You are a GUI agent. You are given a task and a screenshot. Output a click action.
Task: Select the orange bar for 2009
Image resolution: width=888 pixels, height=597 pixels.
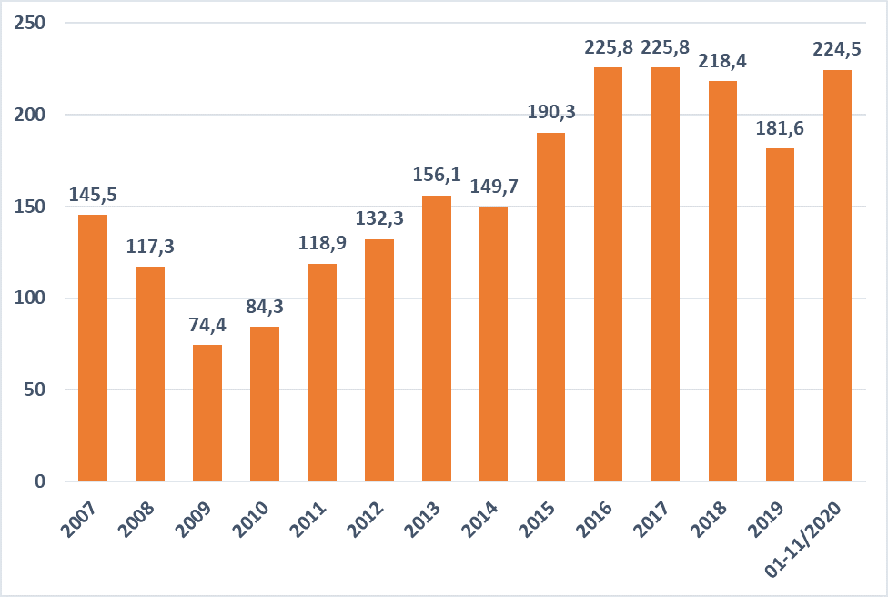[207, 412]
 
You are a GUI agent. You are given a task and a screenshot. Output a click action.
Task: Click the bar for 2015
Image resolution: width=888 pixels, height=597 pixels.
[551, 307]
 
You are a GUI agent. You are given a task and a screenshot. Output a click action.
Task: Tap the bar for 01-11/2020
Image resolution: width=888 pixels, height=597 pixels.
[838, 275]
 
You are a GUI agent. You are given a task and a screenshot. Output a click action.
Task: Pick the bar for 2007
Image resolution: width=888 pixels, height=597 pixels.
[93, 348]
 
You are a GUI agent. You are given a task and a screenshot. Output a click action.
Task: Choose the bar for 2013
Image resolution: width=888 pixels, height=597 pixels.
[437, 338]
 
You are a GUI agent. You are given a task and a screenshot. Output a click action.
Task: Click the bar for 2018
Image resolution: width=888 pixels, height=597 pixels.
[723, 280]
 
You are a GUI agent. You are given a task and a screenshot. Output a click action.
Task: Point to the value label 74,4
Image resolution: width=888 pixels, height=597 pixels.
[207, 325]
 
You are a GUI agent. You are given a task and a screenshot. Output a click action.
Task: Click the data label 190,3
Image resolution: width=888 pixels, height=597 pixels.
[551, 112]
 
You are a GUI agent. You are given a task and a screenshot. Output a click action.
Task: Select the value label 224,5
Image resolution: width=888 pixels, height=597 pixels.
[838, 49]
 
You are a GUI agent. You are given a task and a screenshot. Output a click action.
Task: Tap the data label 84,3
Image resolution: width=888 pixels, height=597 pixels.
[265, 307]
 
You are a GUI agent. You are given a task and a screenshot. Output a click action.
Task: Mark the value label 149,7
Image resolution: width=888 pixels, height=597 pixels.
[494, 187]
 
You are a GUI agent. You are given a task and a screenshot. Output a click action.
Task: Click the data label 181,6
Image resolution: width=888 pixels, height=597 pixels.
[781, 127]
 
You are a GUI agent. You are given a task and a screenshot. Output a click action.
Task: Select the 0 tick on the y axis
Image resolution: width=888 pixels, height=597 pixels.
[40, 481]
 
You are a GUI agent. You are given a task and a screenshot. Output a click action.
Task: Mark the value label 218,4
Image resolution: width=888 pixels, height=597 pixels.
[723, 63]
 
